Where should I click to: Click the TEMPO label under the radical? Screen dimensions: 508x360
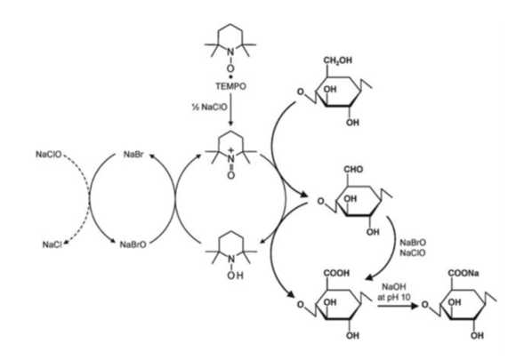pos(230,86)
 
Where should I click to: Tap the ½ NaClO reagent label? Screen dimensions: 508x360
pos(210,107)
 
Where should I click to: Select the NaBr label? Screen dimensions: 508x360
pos(133,155)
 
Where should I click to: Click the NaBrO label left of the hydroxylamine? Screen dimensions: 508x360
pos(133,244)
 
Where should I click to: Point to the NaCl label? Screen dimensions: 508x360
pos(52,244)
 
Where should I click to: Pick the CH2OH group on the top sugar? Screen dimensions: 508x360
pos(337,60)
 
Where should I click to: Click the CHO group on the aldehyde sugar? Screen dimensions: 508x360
pos(353,169)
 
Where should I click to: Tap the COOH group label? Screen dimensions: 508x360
pos(337,273)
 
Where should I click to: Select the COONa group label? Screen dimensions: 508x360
pos(464,273)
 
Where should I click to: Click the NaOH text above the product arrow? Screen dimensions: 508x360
pos(394,286)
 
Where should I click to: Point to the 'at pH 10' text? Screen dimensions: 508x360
pos(394,297)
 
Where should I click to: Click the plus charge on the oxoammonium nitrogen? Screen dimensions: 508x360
pos(230,150)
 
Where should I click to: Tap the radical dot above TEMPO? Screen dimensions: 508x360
pos(230,76)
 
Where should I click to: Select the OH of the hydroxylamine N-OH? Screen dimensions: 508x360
pos(235,276)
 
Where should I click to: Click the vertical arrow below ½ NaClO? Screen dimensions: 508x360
pos(230,109)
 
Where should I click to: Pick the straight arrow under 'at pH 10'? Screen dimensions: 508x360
pos(398,305)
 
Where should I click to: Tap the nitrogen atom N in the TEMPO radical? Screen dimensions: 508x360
pos(230,52)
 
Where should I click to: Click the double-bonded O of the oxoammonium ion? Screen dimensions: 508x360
pos(230,175)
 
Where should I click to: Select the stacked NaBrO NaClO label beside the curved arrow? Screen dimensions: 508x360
pos(413,248)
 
